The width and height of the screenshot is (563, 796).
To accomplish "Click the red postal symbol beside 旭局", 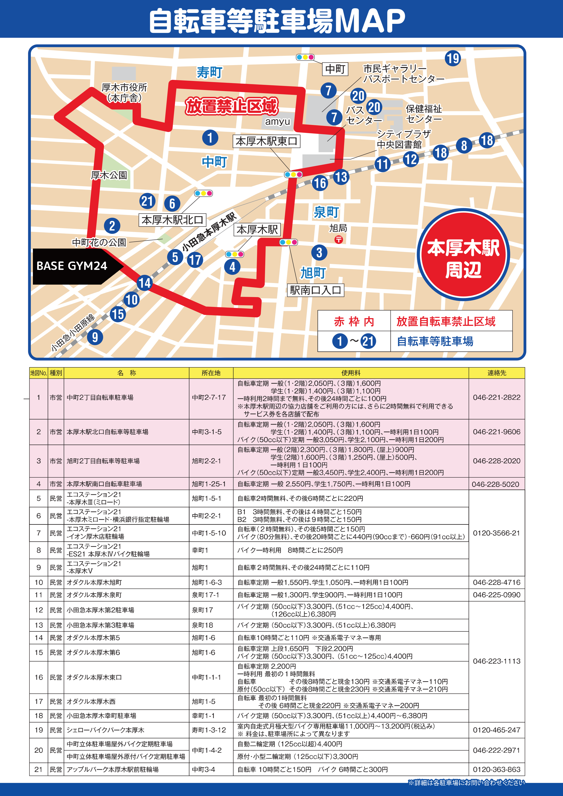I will tap(338, 239).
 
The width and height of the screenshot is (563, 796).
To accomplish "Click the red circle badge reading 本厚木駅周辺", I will tap(463, 254).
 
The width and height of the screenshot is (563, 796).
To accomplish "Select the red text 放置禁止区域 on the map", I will tap(232, 106).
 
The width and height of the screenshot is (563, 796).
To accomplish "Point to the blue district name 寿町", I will tap(209, 73).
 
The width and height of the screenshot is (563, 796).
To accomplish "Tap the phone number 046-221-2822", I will tap(497, 397).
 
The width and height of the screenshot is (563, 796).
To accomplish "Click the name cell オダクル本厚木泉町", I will tap(94, 595).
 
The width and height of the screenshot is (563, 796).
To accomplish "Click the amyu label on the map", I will tap(277, 122).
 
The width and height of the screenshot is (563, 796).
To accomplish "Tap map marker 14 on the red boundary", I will tap(144, 283).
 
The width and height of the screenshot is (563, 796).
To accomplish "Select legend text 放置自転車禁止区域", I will tap(446, 321).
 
